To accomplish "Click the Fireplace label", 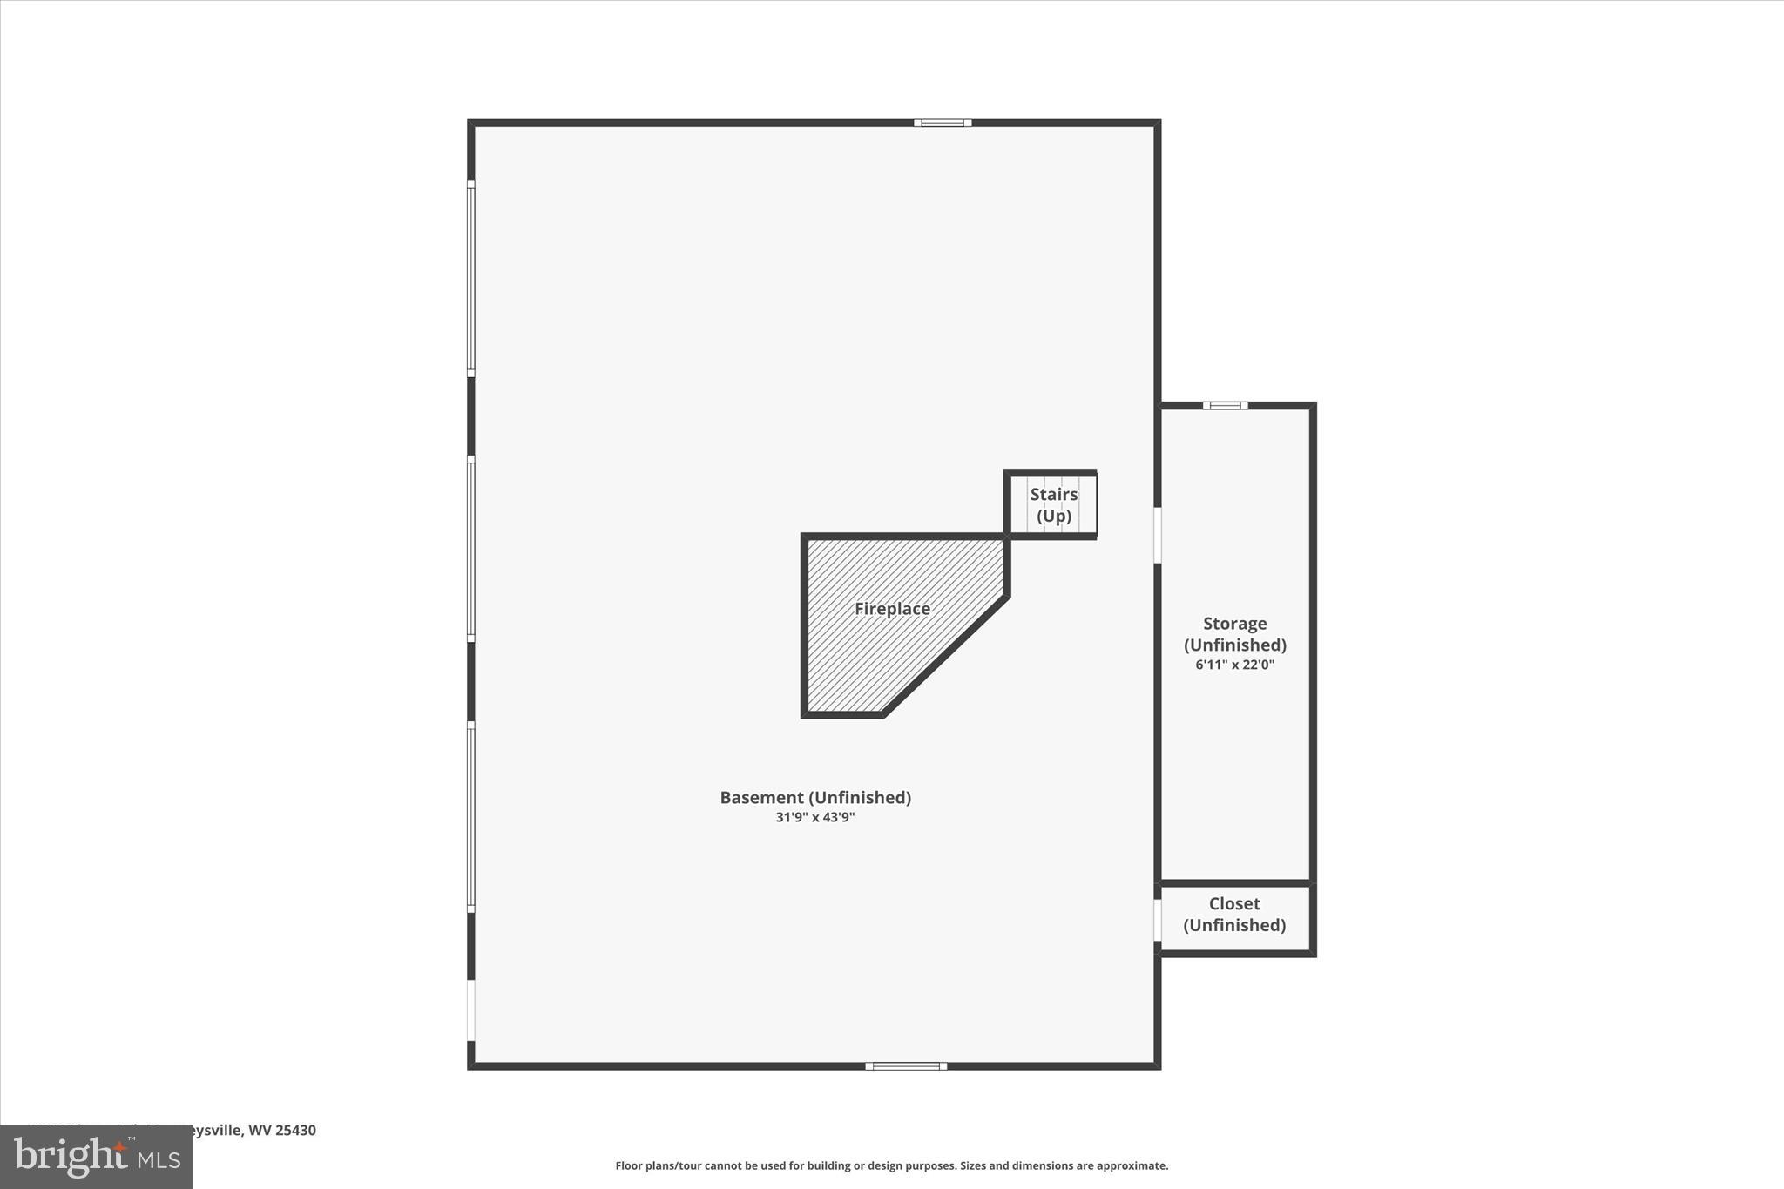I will [x=892, y=609].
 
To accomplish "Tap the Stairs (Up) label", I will [x=1054, y=505].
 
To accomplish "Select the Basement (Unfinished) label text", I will [x=815, y=797].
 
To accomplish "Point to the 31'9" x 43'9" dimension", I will [x=815, y=818].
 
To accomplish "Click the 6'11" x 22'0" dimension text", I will [x=1234, y=665].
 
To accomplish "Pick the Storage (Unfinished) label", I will [x=1234, y=634].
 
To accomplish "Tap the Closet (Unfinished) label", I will [x=1234, y=915].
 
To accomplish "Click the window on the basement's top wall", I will [x=943, y=124].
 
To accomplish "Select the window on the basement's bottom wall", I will [x=906, y=1065].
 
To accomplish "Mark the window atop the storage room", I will [x=1225, y=406].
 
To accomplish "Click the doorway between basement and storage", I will [x=1158, y=535].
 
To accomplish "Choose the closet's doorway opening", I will [x=1158, y=920].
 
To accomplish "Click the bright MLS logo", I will [x=97, y=1157].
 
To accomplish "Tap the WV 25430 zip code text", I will [x=282, y=1130].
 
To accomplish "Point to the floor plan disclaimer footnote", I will [x=891, y=1165].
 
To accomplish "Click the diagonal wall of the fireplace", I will [x=946, y=655].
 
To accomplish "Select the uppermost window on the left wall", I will [x=471, y=279].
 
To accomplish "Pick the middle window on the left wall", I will [x=471, y=549].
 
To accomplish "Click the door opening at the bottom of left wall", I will [x=471, y=1010].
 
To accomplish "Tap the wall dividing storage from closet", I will [x=1235, y=883].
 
